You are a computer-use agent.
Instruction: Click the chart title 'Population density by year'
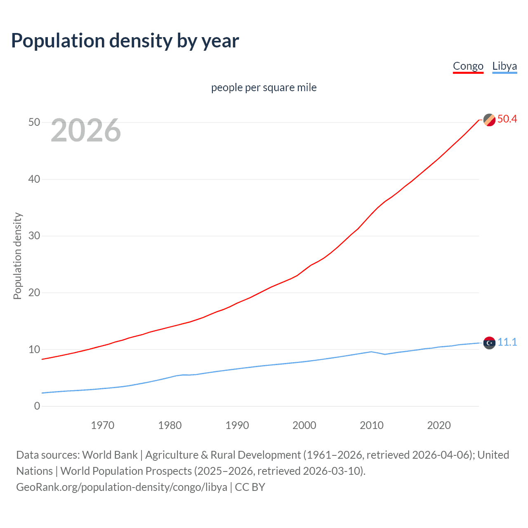point(125,41)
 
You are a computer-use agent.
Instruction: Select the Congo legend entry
point(468,66)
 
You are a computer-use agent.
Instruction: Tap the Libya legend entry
point(504,66)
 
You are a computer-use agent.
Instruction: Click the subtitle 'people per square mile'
point(264,87)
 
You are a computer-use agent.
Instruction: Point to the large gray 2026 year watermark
point(86,130)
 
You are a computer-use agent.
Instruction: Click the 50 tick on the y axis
point(34,122)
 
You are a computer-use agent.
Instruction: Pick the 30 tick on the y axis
point(34,236)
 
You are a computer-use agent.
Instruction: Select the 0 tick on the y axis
point(37,406)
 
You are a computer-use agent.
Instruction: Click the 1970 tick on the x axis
point(102,425)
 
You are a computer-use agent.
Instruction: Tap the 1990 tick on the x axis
point(237,425)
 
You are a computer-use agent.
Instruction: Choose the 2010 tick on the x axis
point(371,425)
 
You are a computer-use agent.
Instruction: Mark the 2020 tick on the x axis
point(438,425)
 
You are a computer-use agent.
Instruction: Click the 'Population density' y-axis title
point(17,256)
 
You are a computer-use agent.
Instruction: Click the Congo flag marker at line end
point(489,120)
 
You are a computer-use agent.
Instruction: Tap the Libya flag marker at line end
point(489,343)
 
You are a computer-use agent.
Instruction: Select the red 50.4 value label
point(507,119)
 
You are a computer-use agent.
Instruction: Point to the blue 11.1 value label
point(507,342)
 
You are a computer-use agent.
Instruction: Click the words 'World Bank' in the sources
point(110,455)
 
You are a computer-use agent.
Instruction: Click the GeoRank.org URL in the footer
point(122,487)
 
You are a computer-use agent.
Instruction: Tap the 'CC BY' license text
point(250,487)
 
